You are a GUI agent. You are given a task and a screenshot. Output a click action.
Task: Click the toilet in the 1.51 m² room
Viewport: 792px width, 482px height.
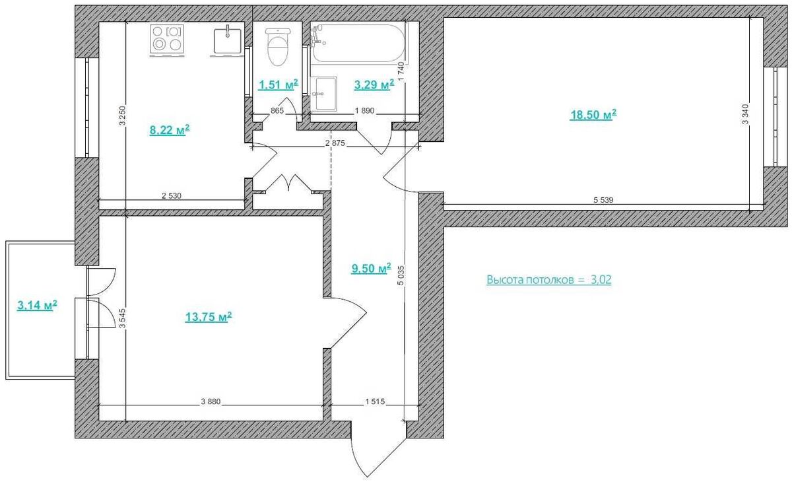pyautogui.click(x=279, y=47)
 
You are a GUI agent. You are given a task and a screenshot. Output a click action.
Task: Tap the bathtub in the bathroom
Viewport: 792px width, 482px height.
pyautogui.click(x=358, y=43)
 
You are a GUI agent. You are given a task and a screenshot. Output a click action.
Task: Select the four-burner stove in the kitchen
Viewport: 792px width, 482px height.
pyautogui.click(x=167, y=40)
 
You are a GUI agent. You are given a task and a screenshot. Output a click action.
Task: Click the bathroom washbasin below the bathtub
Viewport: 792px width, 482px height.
pyautogui.click(x=324, y=94)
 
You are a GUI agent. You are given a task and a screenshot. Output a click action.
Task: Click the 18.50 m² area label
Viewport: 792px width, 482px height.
pyautogui.click(x=593, y=115)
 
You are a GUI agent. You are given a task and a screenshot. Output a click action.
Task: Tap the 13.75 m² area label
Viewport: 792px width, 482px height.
pyautogui.click(x=209, y=317)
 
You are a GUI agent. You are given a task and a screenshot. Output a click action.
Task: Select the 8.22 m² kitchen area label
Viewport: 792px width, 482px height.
pyautogui.click(x=170, y=130)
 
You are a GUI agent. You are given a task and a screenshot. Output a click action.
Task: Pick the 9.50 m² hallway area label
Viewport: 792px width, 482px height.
pyautogui.click(x=371, y=268)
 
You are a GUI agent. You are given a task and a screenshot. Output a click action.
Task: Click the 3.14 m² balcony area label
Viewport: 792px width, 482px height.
pyautogui.click(x=37, y=305)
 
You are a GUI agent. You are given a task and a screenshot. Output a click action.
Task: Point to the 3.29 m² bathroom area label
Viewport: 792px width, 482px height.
pyautogui.click(x=374, y=85)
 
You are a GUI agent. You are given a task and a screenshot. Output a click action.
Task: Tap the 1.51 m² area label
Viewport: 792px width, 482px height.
pyautogui.click(x=279, y=85)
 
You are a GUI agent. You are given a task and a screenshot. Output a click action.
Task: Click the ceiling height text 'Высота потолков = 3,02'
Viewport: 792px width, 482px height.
pyautogui.click(x=549, y=280)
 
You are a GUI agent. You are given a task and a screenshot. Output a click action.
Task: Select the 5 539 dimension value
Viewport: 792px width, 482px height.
pyautogui.click(x=603, y=200)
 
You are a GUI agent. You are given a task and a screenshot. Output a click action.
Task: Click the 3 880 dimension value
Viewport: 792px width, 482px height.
pyautogui.click(x=211, y=401)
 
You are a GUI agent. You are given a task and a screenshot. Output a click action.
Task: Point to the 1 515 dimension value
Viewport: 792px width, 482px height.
pyautogui.click(x=375, y=401)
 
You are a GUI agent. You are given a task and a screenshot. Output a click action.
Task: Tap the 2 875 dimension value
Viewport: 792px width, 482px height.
pyautogui.click(x=335, y=143)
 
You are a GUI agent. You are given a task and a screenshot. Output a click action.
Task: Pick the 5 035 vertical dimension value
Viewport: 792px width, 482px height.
pyautogui.click(x=401, y=275)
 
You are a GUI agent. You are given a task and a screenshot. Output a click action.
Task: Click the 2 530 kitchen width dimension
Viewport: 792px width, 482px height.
pyautogui.click(x=172, y=195)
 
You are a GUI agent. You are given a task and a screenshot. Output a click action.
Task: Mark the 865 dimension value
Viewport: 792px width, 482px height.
pyautogui.click(x=277, y=111)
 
